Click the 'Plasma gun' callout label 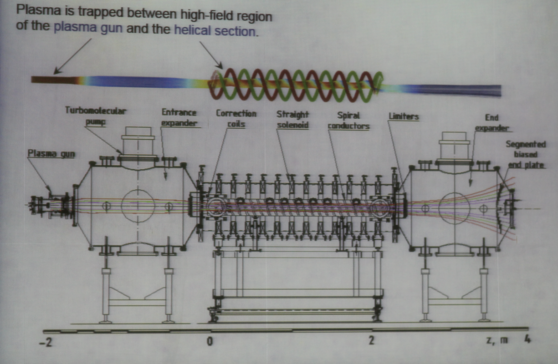tap(51, 153)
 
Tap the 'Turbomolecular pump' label tap(96, 116)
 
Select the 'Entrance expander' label tap(179, 117)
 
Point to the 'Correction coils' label tap(236, 118)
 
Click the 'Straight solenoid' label tap(293, 119)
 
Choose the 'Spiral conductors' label tap(348, 121)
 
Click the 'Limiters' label tap(404, 116)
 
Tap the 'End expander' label tap(491, 123)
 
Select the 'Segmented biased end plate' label tap(526, 155)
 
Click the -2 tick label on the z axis tap(46, 343)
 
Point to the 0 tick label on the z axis tap(210, 341)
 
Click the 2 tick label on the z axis tap(371, 340)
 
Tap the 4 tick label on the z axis tap(527, 339)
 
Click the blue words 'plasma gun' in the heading tap(88, 27)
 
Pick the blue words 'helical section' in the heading tap(215, 30)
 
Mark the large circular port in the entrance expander tap(138, 206)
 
